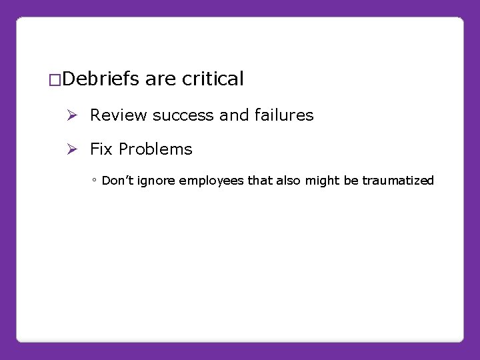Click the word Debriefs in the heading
coord(103,79)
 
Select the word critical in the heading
coord(213,79)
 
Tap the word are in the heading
coord(161,79)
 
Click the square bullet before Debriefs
coord(57,81)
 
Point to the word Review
coord(118,115)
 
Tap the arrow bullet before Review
coord(74,115)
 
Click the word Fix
coord(101,149)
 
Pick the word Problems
coord(155,149)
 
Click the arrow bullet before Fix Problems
coord(74,149)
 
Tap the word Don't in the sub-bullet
coord(118,181)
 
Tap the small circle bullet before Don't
coord(95,181)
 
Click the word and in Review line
coord(233,115)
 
